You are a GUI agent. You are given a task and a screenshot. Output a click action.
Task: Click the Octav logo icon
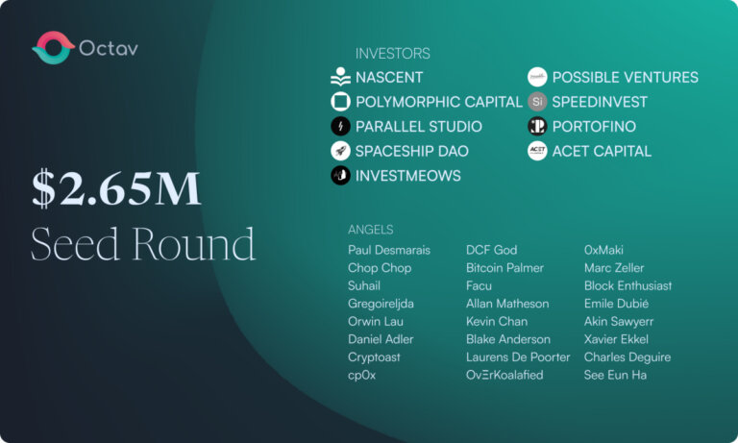point(53,47)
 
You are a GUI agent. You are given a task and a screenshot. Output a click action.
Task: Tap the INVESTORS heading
point(392,54)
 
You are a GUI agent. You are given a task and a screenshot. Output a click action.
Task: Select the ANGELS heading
point(371,230)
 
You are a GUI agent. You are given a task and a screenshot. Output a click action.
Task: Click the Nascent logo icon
point(340,78)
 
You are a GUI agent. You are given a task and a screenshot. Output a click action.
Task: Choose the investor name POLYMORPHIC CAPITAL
point(438,102)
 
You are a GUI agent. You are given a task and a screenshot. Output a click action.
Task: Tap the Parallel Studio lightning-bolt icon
point(340,126)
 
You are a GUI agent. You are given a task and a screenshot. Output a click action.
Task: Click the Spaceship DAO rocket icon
point(340,151)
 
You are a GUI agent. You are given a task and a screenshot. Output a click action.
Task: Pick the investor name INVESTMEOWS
point(407,176)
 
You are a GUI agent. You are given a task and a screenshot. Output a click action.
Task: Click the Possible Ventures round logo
point(537,78)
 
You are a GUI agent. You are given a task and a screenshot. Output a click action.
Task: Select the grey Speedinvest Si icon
point(537,102)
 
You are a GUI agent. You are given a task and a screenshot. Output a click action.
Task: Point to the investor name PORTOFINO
point(593,127)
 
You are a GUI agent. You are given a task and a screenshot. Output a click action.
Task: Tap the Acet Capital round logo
point(537,151)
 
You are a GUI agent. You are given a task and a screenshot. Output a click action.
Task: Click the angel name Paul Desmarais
point(389,250)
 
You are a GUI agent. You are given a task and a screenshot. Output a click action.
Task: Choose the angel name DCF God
point(491,250)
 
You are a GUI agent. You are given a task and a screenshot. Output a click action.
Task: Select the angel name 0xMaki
point(604,250)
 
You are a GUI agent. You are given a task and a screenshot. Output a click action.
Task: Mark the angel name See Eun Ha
point(615,375)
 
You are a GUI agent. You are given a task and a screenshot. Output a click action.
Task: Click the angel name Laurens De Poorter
point(518,357)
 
